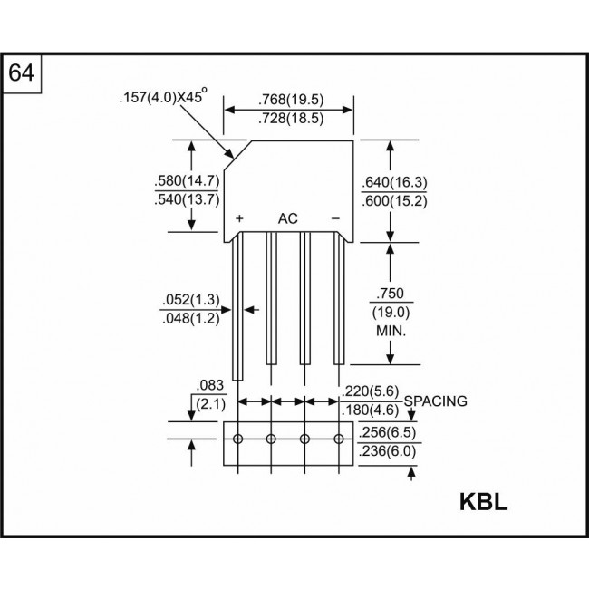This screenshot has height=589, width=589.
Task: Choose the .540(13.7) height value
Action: click(186, 200)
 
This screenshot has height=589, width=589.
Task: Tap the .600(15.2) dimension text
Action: click(394, 200)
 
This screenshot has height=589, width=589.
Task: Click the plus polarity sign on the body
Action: click(240, 219)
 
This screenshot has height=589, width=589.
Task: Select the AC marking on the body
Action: click(287, 219)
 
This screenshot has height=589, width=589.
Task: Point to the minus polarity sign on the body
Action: click(335, 219)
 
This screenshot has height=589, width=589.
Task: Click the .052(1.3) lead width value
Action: click(191, 300)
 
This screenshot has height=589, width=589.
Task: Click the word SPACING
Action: click(436, 400)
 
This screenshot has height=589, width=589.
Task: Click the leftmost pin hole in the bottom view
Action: click(237, 439)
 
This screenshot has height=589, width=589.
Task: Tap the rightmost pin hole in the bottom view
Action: click(339, 439)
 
